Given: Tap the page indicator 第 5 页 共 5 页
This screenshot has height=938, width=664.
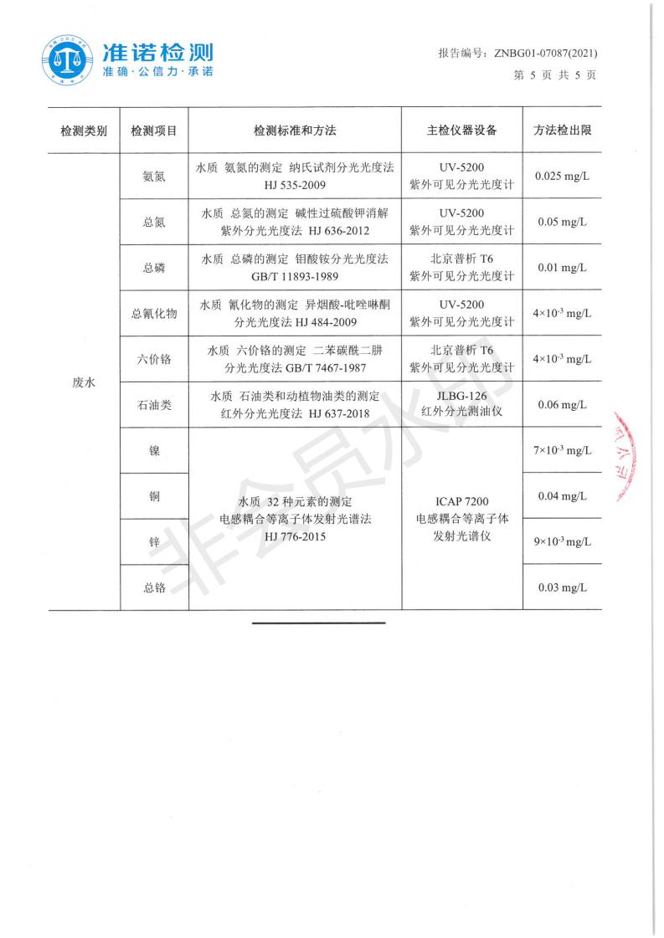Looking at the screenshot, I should click(553, 74).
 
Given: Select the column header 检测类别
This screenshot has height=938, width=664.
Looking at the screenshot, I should click(84, 131).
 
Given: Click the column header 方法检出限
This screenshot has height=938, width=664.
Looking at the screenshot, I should click(563, 131).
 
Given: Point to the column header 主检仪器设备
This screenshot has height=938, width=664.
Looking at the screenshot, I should click(461, 131).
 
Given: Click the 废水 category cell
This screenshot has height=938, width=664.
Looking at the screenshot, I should click(84, 382).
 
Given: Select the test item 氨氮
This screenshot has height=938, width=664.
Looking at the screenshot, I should click(154, 176).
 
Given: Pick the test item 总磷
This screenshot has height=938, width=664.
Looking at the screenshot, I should click(154, 268).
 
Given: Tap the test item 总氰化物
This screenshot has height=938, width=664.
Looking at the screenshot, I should click(154, 314).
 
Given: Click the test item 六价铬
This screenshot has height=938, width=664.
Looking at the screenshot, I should click(154, 359).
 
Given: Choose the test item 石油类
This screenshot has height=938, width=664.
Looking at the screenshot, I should click(154, 405).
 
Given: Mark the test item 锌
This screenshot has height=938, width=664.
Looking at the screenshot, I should click(154, 542).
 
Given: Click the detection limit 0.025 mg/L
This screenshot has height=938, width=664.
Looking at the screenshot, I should click(563, 176).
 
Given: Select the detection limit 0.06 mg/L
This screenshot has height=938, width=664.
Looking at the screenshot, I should click(563, 405).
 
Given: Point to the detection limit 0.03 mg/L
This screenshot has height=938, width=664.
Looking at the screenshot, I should click(563, 587).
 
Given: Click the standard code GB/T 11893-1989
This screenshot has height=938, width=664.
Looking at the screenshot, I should click(295, 276).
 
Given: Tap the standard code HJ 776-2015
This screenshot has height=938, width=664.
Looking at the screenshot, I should click(295, 536).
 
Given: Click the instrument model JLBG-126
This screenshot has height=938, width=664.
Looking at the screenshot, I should click(461, 396).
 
